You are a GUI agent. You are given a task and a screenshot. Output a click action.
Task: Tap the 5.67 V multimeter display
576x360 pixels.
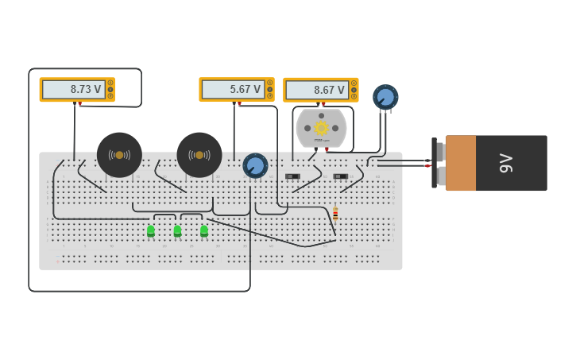click(233, 90)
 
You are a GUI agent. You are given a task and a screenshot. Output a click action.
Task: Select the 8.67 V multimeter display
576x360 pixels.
click(317, 90)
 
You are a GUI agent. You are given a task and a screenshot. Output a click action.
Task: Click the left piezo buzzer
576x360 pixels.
click(119, 155)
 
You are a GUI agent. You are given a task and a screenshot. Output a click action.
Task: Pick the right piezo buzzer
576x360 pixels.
click(199, 155)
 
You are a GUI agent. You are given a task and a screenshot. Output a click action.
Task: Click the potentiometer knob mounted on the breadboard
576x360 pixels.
click(255, 165)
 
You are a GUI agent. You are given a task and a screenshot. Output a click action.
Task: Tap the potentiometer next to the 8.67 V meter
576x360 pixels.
click(385, 97)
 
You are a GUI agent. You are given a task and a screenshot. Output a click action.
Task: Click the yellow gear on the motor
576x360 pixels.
click(321, 128)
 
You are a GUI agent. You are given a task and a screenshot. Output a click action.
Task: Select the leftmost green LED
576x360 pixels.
click(151, 231)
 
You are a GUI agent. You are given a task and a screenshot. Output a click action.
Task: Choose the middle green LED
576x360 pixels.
click(177, 231)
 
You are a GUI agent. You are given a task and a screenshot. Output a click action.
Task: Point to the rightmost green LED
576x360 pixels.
click(204, 231)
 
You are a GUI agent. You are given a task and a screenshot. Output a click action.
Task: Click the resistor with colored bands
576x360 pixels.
click(335, 214)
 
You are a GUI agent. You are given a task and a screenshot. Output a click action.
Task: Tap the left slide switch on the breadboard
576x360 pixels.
click(292, 176)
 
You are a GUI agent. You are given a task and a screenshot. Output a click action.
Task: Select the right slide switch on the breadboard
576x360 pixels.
click(340, 176)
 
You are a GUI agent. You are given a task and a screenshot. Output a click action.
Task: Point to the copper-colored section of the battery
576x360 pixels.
click(461, 163)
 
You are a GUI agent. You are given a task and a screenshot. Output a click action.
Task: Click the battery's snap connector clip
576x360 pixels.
click(438, 163)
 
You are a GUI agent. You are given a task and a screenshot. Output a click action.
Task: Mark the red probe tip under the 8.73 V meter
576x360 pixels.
click(79, 104)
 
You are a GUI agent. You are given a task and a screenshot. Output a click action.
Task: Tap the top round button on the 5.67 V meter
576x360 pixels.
click(270, 83)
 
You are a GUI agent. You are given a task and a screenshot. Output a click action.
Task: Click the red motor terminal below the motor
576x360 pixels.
click(326, 149)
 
